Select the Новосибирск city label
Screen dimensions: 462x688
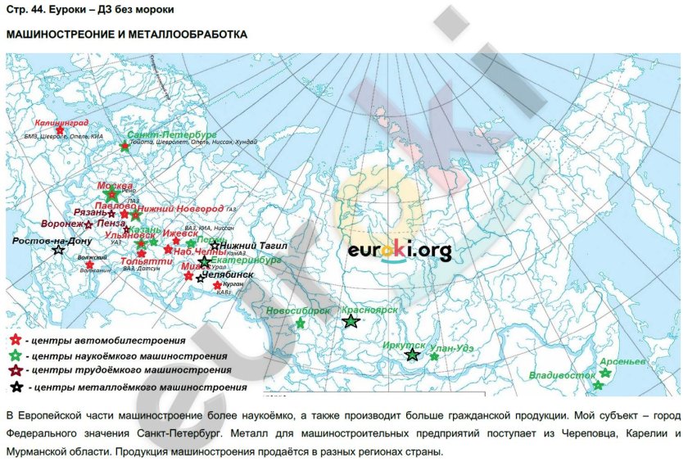[299, 311]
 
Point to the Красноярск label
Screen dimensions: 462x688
[369, 311]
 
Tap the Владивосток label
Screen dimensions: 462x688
[562, 375]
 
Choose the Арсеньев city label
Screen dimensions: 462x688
[622, 360]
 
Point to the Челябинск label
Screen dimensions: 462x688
[229, 275]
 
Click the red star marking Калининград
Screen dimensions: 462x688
[60, 130]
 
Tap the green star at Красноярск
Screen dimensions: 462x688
[351, 322]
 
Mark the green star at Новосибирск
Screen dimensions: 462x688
[300, 324]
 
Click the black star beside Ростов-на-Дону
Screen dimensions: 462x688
[58, 250]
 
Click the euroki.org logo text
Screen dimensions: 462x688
[399, 251]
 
